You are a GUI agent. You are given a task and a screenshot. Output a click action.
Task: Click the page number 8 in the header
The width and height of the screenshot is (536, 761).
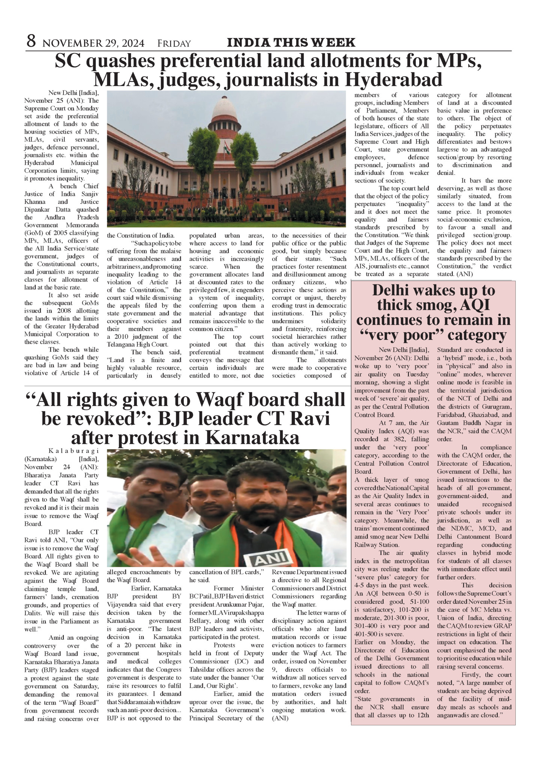point(31,41)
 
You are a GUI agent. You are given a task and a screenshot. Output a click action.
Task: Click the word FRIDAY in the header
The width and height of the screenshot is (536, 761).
point(174,44)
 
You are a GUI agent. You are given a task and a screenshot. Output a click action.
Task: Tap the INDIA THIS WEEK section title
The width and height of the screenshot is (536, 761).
point(291,42)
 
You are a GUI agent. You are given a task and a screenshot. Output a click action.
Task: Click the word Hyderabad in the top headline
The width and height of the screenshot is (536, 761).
point(393,80)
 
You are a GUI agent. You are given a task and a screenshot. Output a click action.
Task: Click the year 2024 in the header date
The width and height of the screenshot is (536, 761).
point(131,44)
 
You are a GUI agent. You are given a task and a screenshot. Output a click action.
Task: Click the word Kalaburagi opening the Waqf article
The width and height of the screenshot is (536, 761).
point(74,451)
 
